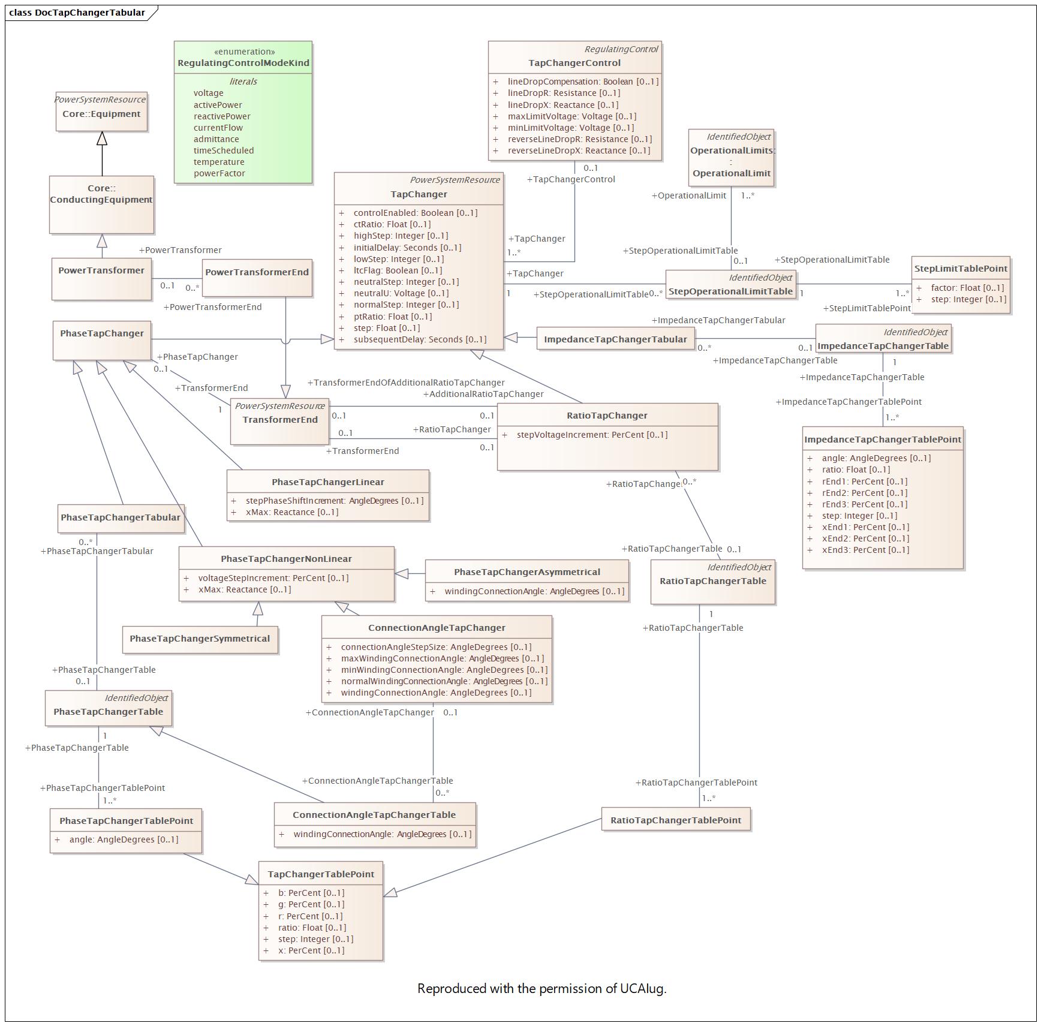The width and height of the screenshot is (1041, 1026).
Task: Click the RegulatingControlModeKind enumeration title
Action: pyautogui.click(x=243, y=63)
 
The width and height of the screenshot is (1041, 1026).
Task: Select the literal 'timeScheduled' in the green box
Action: pyautogui.click(x=223, y=151)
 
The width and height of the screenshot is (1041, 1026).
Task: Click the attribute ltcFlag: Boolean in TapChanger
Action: pyautogui.click(x=397, y=270)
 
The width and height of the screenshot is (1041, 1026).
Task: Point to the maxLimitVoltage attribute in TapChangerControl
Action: pyautogui.click(x=571, y=116)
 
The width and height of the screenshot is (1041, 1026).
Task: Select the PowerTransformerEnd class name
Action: pyautogui.click(x=257, y=272)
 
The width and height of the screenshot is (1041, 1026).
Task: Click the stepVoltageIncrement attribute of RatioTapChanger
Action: pyautogui.click(x=591, y=435)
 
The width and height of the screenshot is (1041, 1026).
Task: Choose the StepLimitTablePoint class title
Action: pyautogui.click(x=960, y=269)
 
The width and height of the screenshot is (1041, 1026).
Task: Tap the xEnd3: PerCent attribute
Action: pyautogui.click(x=865, y=550)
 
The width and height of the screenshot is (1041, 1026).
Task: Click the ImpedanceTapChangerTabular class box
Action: pyautogui.click(x=615, y=339)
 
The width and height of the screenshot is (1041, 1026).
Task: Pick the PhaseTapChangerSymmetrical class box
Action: pyautogui.click(x=200, y=639)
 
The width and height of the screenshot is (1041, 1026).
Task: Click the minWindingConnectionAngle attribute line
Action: pyautogui.click(x=444, y=670)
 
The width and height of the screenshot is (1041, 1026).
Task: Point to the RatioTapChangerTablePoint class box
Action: pyautogui.click(x=675, y=820)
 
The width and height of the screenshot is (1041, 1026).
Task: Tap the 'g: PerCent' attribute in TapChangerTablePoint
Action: pyautogui.click(x=311, y=904)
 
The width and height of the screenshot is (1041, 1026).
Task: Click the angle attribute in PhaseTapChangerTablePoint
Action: pyautogui.click(x=124, y=840)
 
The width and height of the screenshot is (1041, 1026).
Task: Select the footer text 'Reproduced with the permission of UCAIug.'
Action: pyautogui.click(x=541, y=989)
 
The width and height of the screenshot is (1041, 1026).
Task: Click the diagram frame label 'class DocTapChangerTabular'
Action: pyautogui.click(x=77, y=12)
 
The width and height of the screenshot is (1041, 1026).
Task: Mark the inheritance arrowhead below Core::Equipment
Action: pyautogui.click(x=102, y=139)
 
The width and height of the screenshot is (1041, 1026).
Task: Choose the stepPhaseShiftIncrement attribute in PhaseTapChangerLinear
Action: pyautogui.click(x=334, y=501)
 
